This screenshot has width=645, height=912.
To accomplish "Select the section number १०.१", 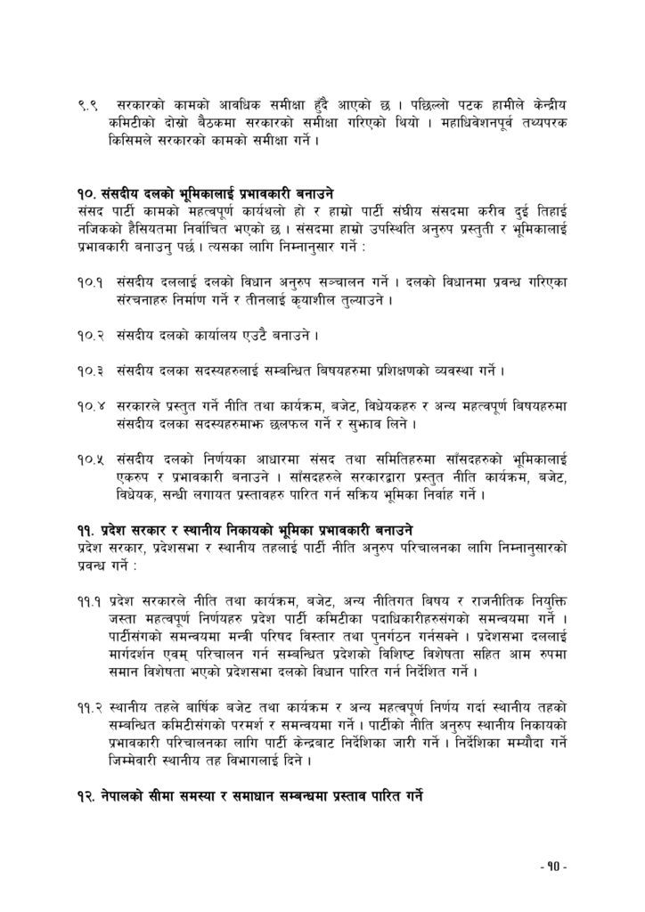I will click(88, 282).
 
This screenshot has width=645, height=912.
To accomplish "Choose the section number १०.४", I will click(88, 406).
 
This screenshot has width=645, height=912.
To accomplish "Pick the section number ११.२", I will click(88, 709).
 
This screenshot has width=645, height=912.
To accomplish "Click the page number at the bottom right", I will click(553, 866).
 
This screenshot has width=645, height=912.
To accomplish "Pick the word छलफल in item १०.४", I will click(312, 424).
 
